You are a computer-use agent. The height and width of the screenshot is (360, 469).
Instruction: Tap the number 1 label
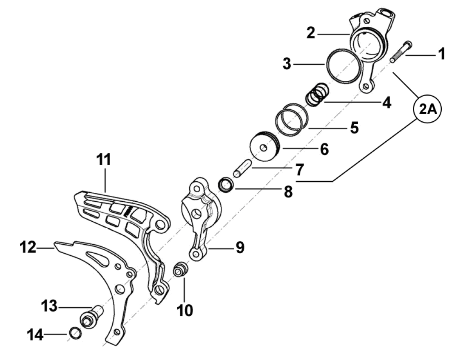[x=442, y=54]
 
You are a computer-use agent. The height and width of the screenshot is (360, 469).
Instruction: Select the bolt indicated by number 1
[x=400, y=51]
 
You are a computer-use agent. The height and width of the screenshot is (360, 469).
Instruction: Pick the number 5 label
[x=354, y=127]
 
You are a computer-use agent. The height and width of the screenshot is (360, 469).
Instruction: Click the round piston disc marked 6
[x=264, y=148]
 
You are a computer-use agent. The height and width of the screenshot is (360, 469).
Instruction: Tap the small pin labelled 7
[x=243, y=169]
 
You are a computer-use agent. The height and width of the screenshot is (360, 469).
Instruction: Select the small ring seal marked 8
[x=225, y=185]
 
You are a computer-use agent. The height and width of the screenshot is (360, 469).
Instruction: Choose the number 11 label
[x=103, y=160]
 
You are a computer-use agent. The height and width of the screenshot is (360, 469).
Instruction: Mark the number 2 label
[x=311, y=33]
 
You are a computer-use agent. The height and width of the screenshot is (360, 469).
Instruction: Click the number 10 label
[x=185, y=310]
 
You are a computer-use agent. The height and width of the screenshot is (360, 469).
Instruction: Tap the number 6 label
[x=324, y=149]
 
